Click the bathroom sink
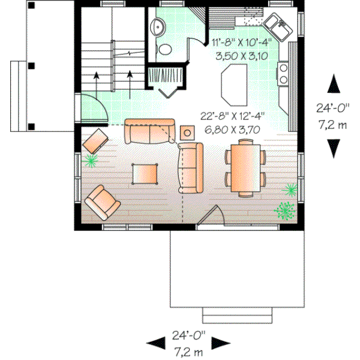(x=157, y=26)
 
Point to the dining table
(x=244, y=167)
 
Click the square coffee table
(x=145, y=173)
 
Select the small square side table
(x=187, y=133)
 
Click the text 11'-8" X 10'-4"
(x=241, y=42)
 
